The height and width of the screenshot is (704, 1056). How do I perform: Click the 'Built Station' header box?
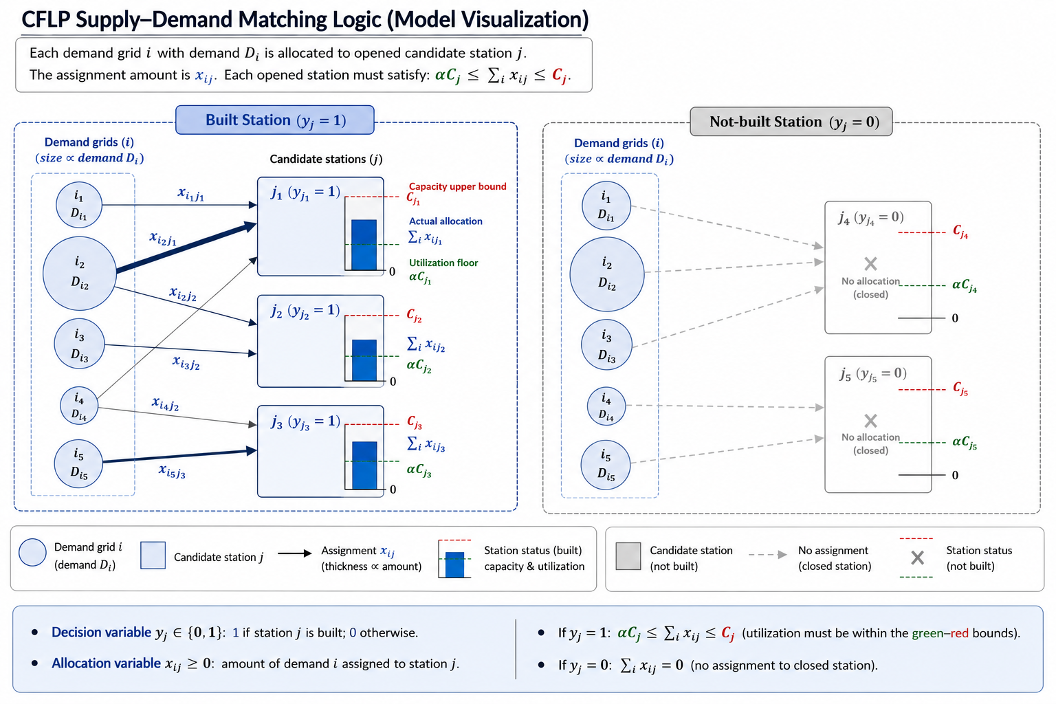point(275,120)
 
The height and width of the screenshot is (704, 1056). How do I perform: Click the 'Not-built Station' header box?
point(791,122)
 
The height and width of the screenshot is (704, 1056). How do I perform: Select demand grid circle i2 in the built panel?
point(80,274)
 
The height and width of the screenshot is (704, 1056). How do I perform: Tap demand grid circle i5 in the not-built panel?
point(606,465)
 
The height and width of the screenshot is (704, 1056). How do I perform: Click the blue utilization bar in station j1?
point(364,245)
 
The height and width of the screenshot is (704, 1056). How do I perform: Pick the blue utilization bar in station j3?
point(364,465)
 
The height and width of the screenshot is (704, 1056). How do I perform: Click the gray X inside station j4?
point(870,263)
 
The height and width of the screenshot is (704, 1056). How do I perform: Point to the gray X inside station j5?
point(870,420)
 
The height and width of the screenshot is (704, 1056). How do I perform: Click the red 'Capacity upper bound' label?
point(457,187)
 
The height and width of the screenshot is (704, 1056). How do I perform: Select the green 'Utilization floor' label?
point(443,263)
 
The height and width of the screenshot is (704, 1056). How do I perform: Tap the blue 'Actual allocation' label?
point(445,221)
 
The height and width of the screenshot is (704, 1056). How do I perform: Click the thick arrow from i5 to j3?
point(179,456)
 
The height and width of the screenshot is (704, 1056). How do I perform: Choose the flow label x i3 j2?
point(186,363)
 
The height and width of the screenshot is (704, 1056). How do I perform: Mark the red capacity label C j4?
point(960,232)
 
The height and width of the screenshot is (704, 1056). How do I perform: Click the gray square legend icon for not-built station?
point(628,556)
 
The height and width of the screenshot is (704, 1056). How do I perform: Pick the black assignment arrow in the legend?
point(295,553)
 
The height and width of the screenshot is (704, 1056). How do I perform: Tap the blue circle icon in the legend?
point(32,552)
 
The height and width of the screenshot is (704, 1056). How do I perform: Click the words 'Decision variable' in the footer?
point(101,632)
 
